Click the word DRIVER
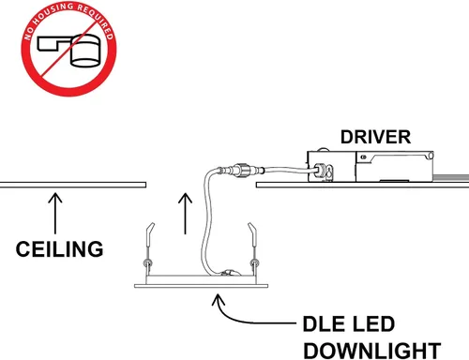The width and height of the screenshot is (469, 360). (375, 137)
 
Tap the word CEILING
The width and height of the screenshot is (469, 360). (59, 249)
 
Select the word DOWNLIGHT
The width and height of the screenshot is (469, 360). (372, 351)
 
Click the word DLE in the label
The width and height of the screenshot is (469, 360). (324, 323)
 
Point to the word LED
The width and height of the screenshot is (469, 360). (372, 323)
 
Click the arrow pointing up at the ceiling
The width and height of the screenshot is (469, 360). (55, 214)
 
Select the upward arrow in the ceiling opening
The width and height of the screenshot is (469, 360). (185, 214)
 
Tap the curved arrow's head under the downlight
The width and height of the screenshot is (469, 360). (219, 300)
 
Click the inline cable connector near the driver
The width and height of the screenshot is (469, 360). (241, 170)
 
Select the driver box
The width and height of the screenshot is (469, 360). (371, 166)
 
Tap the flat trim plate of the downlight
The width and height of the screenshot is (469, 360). (201, 286)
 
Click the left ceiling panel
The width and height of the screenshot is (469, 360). (73, 185)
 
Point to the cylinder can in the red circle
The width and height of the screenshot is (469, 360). (85, 51)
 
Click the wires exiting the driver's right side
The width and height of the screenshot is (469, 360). (451, 177)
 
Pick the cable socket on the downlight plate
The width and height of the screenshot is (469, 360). (231, 273)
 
